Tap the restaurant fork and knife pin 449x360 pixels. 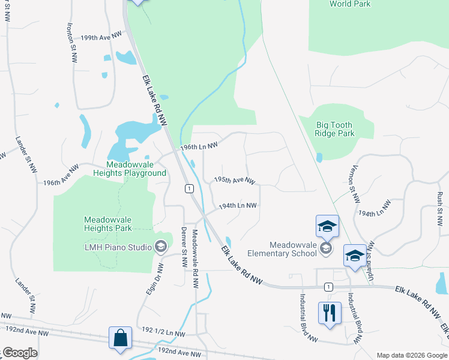click(330, 313)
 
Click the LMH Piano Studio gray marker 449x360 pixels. click(160, 246)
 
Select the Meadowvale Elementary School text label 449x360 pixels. click(293, 249)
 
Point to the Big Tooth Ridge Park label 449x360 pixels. click(335, 129)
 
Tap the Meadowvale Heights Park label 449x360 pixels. click(108, 224)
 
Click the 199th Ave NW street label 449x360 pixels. click(97, 37)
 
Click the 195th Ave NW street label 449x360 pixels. click(235, 180)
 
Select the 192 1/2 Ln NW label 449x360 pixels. click(164, 331)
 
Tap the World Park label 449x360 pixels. click(350, 4)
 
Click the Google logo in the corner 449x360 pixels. click(20, 353)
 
